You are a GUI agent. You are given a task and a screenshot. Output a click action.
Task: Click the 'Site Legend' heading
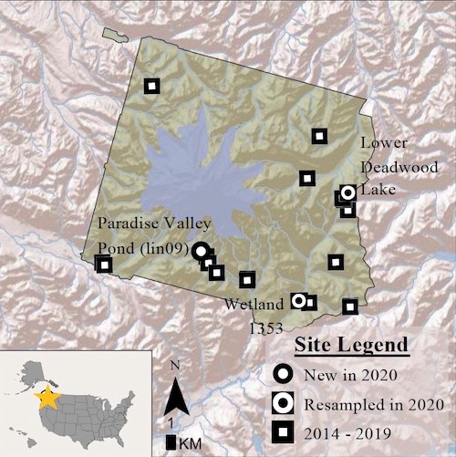coord(351,347)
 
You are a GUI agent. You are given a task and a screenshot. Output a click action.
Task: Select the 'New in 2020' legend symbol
coord(285,374)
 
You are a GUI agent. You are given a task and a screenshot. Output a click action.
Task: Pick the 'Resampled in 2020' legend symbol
coord(285,401)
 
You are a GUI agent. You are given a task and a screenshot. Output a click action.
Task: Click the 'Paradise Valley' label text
coord(154,223)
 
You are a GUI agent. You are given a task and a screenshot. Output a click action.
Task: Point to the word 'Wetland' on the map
coord(248,307)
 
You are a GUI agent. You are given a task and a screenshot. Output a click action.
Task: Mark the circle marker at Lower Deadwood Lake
coord(347,192)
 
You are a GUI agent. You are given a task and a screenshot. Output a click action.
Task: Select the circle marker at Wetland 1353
coord(297,299)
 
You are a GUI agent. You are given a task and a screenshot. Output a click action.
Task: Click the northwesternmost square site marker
coord(151,86)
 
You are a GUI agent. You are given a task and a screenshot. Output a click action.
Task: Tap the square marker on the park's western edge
coord(104,265)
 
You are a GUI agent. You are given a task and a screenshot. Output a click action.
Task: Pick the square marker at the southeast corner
coord(350,306)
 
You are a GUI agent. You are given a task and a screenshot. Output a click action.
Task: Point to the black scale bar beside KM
coord(171,442)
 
